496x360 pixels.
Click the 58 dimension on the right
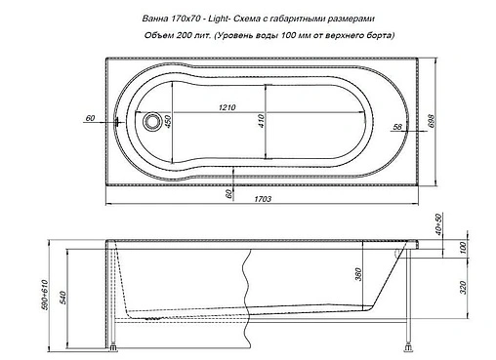pos(395,128)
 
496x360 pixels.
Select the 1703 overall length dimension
pos(261,199)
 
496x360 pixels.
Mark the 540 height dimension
pos(65,295)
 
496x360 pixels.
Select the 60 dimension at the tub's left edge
pos(90,118)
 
